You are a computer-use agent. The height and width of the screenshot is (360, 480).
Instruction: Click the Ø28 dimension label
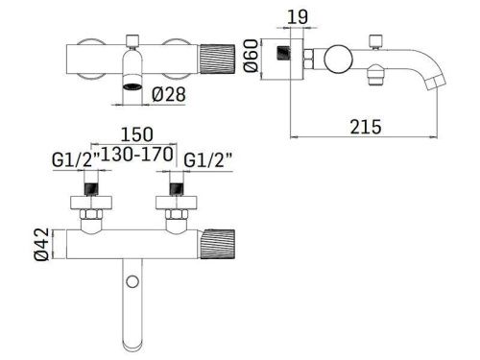(169, 94)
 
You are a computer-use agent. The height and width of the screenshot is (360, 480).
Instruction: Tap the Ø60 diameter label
(251, 56)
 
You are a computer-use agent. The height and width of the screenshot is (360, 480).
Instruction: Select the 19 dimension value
(298, 17)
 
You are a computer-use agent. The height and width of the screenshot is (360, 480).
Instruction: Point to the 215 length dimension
(366, 127)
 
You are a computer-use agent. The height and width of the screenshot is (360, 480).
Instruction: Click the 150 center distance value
(136, 134)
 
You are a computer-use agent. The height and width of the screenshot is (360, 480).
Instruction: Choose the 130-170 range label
(138, 155)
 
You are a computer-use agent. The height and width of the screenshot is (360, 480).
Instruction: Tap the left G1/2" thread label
(76, 159)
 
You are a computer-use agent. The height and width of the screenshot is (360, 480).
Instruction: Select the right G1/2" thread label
(208, 159)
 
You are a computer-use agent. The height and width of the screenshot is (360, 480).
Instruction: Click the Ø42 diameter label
(42, 244)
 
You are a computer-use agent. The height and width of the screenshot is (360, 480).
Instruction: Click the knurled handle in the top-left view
(217, 60)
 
